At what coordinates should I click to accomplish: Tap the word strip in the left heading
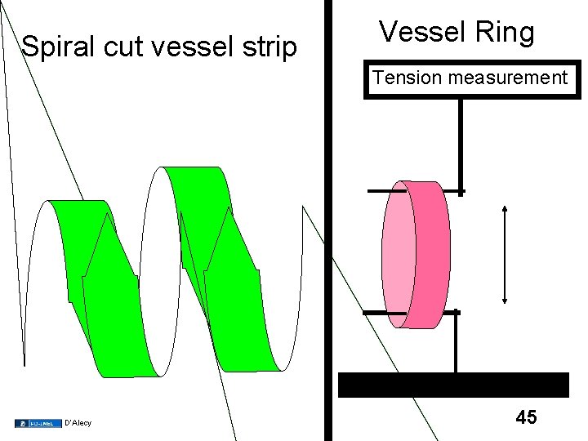(x=271, y=47)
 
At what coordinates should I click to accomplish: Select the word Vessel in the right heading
(x=420, y=33)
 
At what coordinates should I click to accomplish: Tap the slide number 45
(x=527, y=418)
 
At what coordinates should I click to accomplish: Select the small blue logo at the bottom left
(x=37, y=423)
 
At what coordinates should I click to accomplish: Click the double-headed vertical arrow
(x=505, y=254)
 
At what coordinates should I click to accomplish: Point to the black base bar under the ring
(x=453, y=385)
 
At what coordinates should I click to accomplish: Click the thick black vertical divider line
(x=328, y=245)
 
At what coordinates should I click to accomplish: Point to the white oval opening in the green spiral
(x=161, y=269)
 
